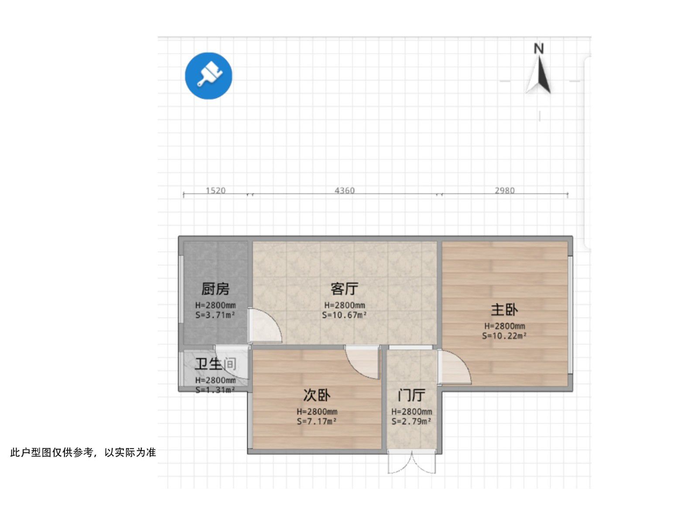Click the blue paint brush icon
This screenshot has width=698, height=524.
(x=209, y=76)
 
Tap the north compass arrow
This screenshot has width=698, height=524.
(x=539, y=72)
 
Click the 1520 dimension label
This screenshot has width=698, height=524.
(x=216, y=190)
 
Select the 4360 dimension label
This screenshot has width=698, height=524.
(x=345, y=190)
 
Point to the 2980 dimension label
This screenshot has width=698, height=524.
(x=505, y=190)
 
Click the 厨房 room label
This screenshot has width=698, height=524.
(x=215, y=289)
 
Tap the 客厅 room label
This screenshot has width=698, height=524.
(x=345, y=289)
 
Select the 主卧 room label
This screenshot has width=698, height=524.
(x=504, y=310)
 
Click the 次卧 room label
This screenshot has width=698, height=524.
(x=317, y=395)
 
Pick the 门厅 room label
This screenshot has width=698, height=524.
(x=411, y=395)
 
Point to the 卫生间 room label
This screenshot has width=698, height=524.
(x=216, y=364)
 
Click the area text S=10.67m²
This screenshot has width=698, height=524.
(x=345, y=315)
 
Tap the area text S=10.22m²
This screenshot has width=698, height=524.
(x=504, y=336)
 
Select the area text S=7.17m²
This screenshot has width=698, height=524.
(x=317, y=421)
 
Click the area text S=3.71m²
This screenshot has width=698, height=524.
(x=215, y=315)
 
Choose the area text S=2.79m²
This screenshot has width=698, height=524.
(x=411, y=421)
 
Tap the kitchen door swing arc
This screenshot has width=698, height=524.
(x=266, y=326)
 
